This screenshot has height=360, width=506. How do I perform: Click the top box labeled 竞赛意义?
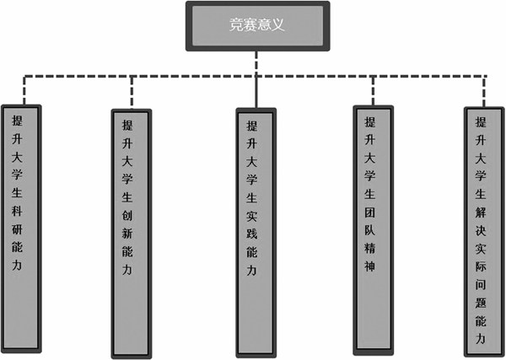pos(257,24)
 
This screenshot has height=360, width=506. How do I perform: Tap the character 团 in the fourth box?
pos(369,207)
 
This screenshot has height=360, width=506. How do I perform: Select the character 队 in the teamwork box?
pos(369,227)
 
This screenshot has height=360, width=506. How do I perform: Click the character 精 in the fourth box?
pos(369,248)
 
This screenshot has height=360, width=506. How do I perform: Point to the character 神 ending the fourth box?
pos(369,269)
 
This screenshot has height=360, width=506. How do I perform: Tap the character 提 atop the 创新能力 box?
pos(127,124)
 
